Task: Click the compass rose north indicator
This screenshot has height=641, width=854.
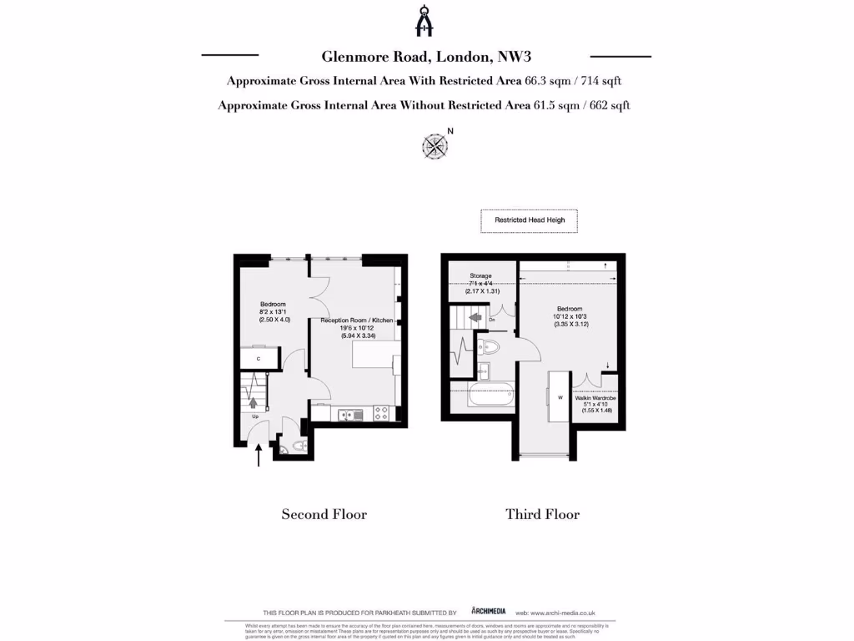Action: pyautogui.click(x=435, y=146)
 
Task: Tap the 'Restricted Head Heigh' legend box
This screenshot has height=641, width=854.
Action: pyautogui.click(x=530, y=220)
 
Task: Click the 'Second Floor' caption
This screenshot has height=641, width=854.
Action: pyautogui.click(x=324, y=514)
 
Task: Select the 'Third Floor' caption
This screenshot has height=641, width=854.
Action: pyautogui.click(x=542, y=514)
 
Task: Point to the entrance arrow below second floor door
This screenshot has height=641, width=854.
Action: pyautogui.click(x=259, y=455)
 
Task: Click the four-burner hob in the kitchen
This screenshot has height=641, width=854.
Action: pyautogui.click(x=382, y=412)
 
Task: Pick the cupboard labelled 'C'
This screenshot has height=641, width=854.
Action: pyautogui.click(x=259, y=358)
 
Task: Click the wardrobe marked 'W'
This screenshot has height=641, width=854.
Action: pyautogui.click(x=560, y=398)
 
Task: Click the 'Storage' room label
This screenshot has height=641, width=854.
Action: pyautogui.click(x=480, y=275)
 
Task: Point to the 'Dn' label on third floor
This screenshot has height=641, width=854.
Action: pyautogui.click(x=493, y=319)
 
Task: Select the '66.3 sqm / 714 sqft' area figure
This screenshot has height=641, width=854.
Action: pyautogui.click(x=573, y=81)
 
